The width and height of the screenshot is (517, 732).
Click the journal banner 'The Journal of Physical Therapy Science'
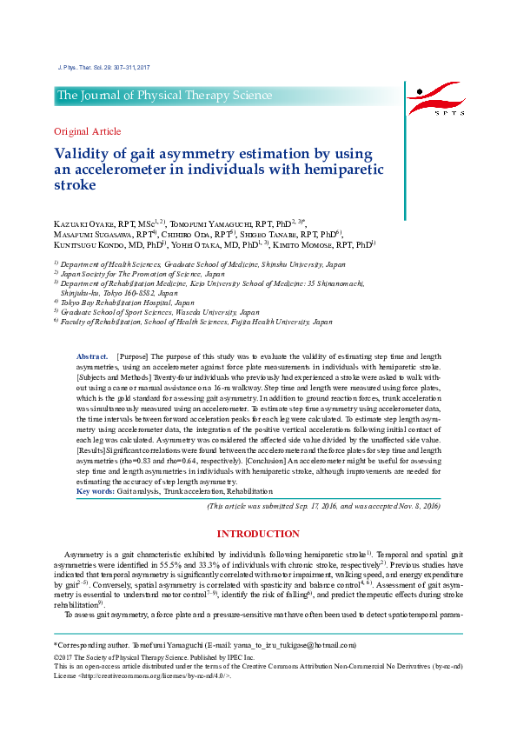point(163,96)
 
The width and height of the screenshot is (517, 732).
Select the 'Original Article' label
point(88,131)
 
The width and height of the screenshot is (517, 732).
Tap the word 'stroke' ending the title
point(75,185)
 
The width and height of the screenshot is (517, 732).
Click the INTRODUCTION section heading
point(258,533)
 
